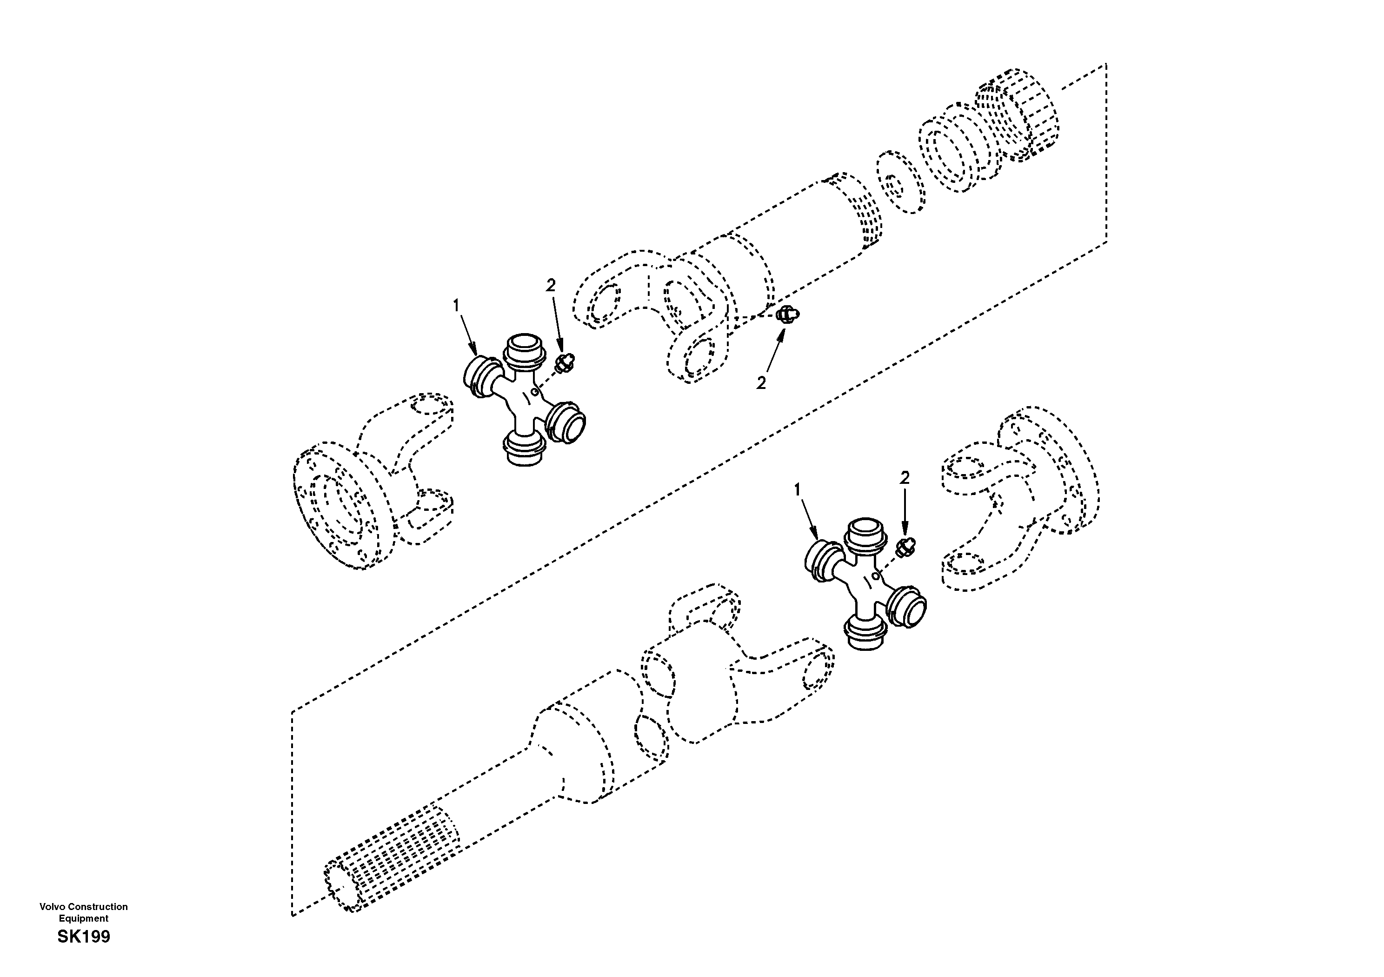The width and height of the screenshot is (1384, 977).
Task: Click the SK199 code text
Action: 84,937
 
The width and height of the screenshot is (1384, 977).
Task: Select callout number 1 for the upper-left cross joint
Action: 456,306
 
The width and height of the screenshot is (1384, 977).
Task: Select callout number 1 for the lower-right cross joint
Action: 798,490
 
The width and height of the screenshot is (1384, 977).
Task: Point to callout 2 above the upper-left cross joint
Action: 550,285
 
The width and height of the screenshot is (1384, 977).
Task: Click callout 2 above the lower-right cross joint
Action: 904,478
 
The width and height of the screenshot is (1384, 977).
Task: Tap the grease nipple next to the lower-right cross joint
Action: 905,546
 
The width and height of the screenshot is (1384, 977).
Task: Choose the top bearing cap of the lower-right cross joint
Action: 865,533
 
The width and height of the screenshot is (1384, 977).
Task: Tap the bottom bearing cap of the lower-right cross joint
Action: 865,636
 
